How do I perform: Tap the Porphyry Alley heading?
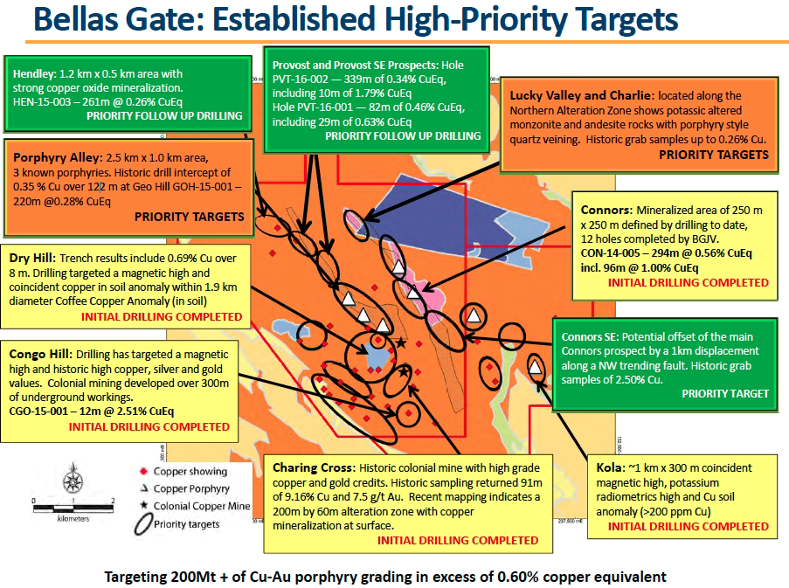pos(56,157)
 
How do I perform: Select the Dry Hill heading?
pos(32,259)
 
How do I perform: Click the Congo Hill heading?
pos(40,356)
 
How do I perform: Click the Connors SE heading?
pos(587,336)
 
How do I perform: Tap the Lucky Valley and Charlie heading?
pos(581,94)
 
